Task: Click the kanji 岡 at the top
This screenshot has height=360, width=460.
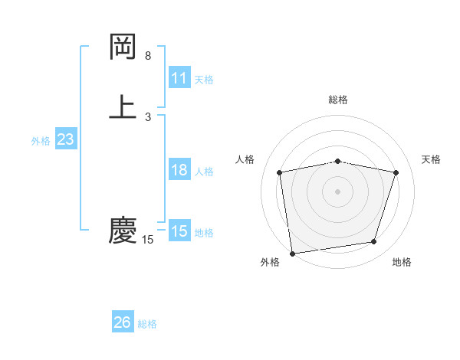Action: tap(123, 47)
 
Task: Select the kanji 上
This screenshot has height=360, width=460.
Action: tap(123, 106)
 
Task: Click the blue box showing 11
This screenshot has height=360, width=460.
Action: tap(179, 78)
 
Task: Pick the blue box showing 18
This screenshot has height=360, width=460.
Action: tap(179, 171)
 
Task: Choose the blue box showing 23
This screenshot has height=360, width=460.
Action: tap(65, 139)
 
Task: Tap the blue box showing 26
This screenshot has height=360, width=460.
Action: tap(123, 322)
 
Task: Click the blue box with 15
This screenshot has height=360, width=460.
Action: tap(179, 231)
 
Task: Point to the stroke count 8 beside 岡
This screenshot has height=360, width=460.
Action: tap(148, 56)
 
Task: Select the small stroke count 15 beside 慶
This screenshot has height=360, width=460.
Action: tap(148, 240)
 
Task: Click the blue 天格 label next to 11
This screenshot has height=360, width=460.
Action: tap(204, 79)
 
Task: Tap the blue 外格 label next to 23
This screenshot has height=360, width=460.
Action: tap(41, 140)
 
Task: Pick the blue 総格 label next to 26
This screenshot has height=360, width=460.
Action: tap(147, 324)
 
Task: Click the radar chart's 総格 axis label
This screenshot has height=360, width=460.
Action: tap(338, 100)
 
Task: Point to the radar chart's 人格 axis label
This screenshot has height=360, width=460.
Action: tap(245, 159)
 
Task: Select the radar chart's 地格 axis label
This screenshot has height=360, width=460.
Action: tap(402, 262)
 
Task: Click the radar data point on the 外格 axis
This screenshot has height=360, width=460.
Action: tap(292, 253)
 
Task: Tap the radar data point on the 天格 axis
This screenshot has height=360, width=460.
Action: tap(396, 173)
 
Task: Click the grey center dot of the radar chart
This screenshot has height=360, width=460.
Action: tap(338, 191)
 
